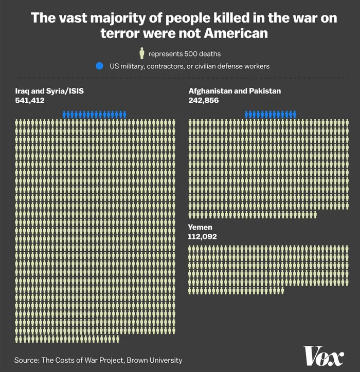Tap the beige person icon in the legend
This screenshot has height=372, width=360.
141,53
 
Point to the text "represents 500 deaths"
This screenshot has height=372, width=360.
185,53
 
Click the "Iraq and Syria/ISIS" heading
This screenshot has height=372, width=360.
49,91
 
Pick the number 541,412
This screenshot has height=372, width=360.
30,101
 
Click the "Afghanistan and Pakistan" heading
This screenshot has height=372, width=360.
235,91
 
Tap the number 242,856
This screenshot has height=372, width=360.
204,101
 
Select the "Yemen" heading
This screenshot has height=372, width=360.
200,227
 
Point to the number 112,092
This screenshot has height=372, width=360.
203,237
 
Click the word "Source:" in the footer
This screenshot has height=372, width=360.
27,360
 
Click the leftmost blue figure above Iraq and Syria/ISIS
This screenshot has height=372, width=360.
64,114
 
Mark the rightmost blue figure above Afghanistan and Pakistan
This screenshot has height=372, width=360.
294,114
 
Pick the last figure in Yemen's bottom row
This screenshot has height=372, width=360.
282,290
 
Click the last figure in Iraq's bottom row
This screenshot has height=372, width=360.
118,339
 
